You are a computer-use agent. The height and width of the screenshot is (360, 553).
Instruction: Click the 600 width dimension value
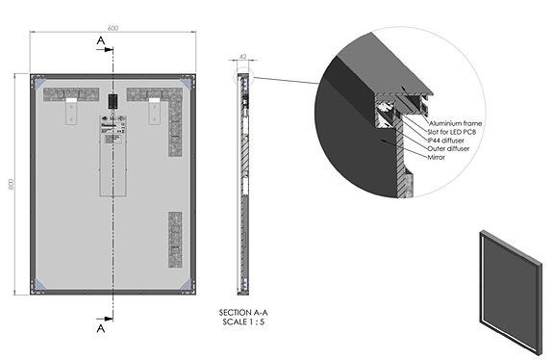pyautogui.click(x=113, y=27)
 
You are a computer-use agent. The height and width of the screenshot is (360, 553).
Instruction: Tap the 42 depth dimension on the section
pyautogui.click(x=243, y=57)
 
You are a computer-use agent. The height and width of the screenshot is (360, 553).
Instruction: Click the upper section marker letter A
pyautogui.click(x=100, y=40)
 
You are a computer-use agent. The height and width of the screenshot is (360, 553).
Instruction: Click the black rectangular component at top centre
pyautogui.click(x=113, y=98)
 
